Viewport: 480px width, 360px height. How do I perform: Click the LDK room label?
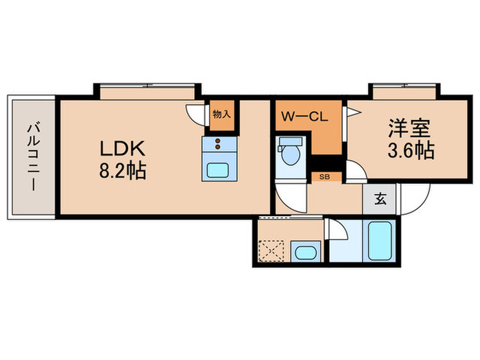point(124,148)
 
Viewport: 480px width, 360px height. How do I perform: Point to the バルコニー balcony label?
point(32,156)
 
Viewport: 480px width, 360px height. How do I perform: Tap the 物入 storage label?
point(221,115)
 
